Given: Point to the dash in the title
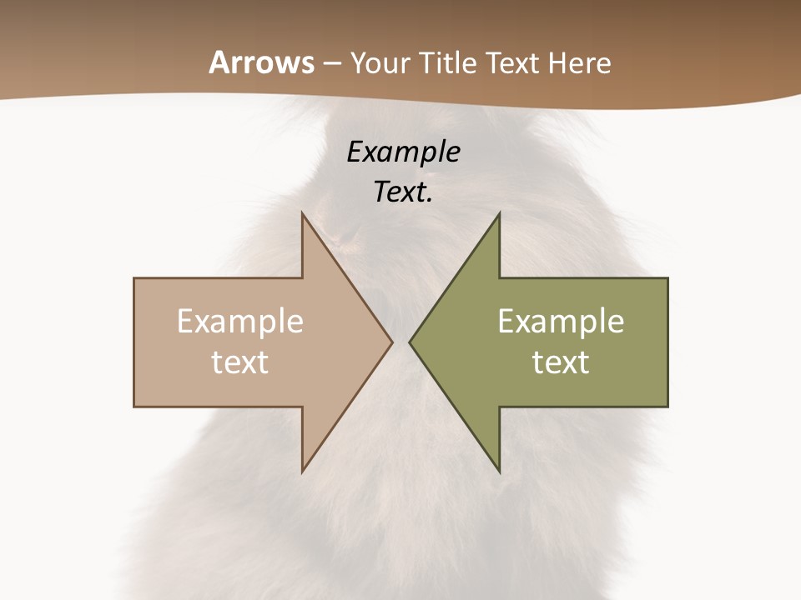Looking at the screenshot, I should pos(332,64).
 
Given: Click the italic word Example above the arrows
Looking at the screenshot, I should pos(403,152).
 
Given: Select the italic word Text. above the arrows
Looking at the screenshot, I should pos(403,192).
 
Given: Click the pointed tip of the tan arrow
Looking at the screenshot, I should pos(391,342).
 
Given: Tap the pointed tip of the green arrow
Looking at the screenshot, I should pos(410,342).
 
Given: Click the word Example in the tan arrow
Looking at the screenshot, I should pos(240,322).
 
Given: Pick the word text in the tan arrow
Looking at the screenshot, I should pos(240,362).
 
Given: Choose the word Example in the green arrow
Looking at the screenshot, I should pos(561,322).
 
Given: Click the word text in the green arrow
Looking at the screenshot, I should pos(561,362).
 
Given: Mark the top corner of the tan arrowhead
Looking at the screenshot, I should pos(303,213).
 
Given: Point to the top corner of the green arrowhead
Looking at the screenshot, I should pos(499,213).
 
